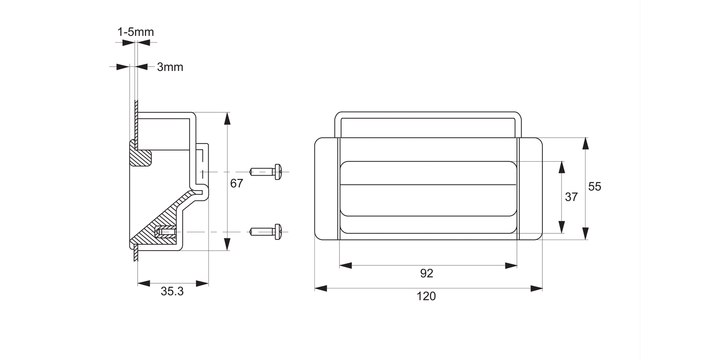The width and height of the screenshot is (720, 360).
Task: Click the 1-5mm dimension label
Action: click(x=135, y=32)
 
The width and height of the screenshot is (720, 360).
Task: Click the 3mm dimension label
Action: click(x=170, y=67)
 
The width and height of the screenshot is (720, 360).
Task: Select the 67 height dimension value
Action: click(x=237, y=183)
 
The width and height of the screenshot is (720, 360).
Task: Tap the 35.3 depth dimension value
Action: click(x=172, y=291)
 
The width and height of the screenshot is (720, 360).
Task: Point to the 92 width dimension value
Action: click(x=426, y=273)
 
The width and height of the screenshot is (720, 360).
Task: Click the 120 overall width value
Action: click(x=426, y=296)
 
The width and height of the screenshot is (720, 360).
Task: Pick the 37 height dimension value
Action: click(x=571, y=197)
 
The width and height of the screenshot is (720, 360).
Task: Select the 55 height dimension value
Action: click(x=594, y=187)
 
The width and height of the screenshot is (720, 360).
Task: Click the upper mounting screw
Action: click(x=266, y=171)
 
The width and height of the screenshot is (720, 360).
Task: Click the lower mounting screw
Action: click(x=266, y=232)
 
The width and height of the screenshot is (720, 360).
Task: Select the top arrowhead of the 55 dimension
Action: click(x=585, y=144)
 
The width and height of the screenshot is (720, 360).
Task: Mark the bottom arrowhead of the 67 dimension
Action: click(x=227, y=244)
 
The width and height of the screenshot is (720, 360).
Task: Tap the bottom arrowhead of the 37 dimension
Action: click(x=562, y=228)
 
